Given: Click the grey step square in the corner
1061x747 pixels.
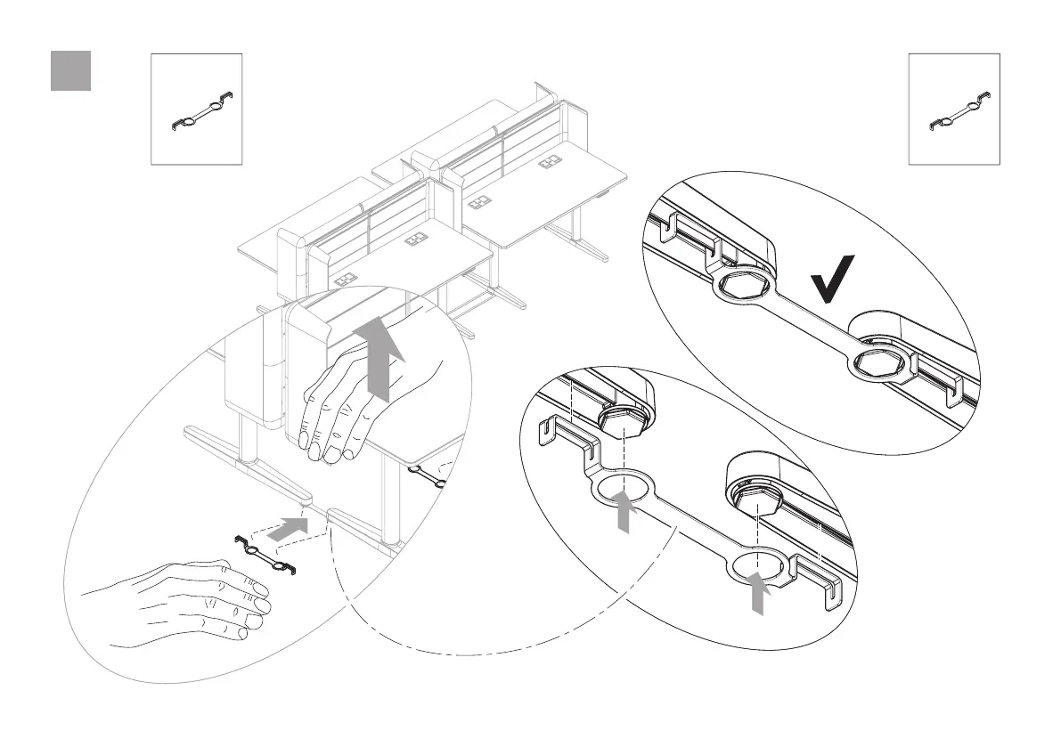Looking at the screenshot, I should [x=70, y=70].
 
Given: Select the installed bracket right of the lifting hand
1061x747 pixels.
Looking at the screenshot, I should [x=427, y=475].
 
